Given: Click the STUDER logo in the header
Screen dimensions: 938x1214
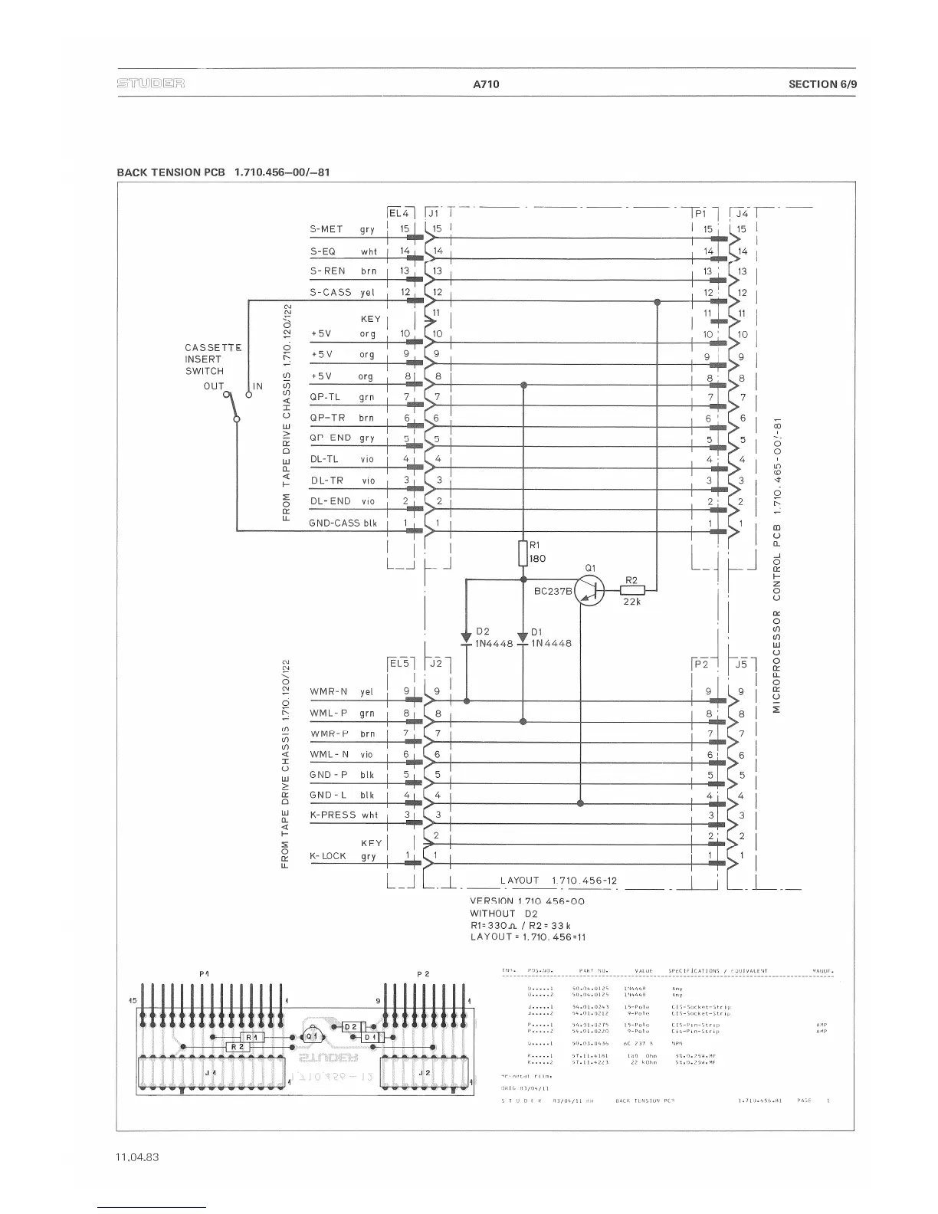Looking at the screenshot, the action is (151, 84).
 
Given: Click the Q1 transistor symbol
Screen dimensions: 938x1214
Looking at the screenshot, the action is (589, 590).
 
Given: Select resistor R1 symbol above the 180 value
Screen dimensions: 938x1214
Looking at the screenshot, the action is (523, 552).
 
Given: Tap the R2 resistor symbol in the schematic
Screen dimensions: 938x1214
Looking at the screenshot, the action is (632, 590).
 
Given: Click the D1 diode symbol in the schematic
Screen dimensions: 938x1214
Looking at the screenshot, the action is (523, 637).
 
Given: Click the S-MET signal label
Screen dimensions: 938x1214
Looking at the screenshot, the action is (326, 229).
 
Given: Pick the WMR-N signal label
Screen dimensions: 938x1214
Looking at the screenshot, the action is (328, 692).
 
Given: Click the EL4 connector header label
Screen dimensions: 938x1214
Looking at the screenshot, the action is (400, 213).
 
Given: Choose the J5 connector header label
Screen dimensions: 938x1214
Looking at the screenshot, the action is (741, 664).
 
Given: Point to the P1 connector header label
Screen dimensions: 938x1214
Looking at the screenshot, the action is (700, 214).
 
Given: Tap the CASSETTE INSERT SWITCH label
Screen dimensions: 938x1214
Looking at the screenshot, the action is (212, 359).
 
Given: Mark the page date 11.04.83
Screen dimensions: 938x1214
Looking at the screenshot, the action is (137, 1157).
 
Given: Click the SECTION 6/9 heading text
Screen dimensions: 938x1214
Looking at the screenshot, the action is (822, 84).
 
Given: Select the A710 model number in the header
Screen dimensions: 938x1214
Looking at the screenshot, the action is (486, 84).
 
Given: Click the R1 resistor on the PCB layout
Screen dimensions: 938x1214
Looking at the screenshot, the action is (254, 1036).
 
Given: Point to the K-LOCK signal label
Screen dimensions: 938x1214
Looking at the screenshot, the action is (327, 856).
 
